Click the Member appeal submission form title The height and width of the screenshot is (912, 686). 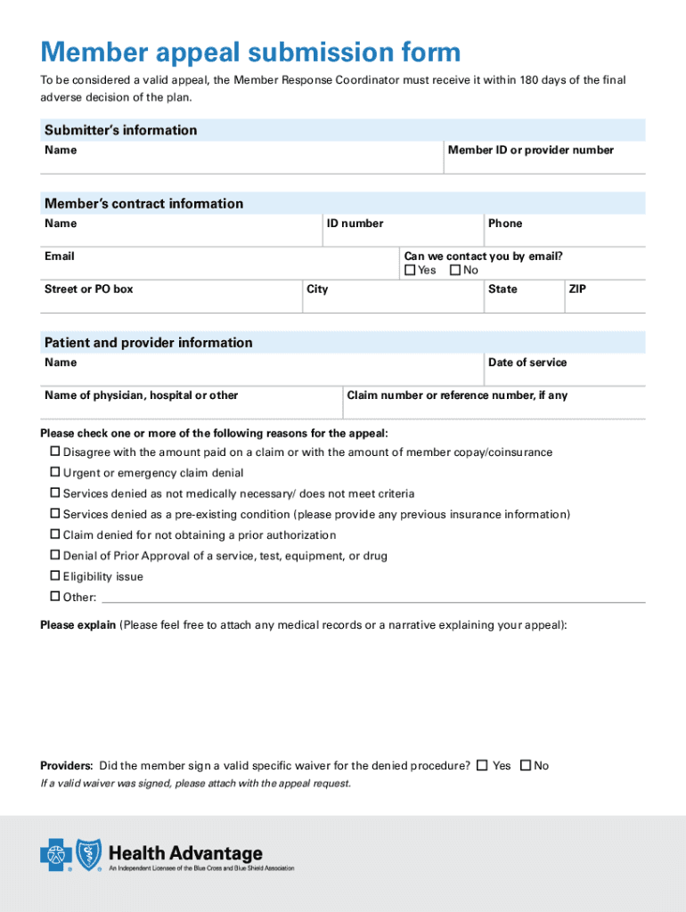point(250,53)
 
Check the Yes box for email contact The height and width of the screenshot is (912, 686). point(411,270)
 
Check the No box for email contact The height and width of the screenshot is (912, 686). point(456,270)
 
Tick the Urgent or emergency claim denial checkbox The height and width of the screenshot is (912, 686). point(54,473)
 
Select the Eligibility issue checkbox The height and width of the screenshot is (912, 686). point(54,576)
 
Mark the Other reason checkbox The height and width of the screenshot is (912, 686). point(54,597)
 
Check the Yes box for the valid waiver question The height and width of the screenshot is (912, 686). point(482,765)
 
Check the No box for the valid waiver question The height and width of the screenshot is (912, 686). point(526,765)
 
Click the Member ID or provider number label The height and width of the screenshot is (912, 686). point(530,151)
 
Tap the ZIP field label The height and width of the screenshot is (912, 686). point(576,289)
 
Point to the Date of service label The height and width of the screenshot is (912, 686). point(527,362)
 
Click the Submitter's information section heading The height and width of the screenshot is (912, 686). point(121,130)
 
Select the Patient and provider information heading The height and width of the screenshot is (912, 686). point(148,343)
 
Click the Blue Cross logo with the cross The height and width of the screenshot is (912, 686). point(55,857)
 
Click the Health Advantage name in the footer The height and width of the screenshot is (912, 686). point(185,853)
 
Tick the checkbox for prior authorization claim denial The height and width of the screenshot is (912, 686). point(54,535)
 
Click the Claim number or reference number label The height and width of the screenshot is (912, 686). point(457,395)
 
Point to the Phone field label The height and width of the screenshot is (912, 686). point(505,224)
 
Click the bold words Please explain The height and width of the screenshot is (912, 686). point(78,625)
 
